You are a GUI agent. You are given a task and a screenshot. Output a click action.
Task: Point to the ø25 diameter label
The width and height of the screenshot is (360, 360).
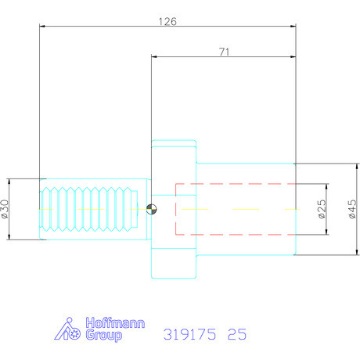coord(321,209)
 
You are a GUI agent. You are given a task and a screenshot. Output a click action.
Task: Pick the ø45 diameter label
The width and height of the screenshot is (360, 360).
coord(351,209)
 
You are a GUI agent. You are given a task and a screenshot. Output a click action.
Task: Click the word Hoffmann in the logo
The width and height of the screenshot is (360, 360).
coord(103,324)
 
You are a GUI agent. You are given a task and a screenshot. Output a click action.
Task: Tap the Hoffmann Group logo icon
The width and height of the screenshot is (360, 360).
coord(68,329)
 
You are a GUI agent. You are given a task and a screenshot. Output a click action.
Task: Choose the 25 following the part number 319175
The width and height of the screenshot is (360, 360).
coord(236,334)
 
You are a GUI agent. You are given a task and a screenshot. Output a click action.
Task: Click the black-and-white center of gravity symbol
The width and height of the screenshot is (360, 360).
coord(151,209)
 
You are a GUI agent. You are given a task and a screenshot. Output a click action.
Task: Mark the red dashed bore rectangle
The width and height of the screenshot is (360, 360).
coord(235,209)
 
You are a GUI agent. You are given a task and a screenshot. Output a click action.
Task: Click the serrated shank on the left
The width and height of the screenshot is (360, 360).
coord(90,209)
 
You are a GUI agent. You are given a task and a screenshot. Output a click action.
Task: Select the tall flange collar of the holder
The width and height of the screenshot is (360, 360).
coord(174,209)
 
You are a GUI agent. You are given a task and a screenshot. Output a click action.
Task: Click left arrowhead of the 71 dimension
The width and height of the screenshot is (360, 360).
coord(154,56)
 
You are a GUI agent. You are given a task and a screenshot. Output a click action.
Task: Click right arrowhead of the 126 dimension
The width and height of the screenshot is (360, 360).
coord(293,27)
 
